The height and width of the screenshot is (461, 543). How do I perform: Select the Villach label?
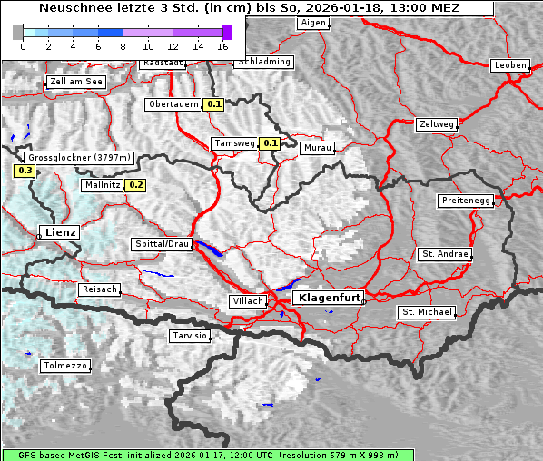point(248,300)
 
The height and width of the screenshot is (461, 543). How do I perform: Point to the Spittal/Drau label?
point(162,244)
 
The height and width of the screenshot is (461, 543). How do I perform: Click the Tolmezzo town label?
point(65,366)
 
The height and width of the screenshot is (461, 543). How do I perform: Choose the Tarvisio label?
point(190,336)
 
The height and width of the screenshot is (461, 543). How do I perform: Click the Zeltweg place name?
point(437,123)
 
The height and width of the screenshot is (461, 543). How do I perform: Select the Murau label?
point(318,147)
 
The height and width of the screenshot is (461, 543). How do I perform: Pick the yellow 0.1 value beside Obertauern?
point(213,104)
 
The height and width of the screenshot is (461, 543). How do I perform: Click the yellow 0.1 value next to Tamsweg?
point(270,143)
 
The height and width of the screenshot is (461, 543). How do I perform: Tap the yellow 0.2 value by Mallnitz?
point(135,185)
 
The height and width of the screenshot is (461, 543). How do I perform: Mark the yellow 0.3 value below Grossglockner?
point(25,171)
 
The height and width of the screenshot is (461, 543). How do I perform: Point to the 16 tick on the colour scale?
point(223,46)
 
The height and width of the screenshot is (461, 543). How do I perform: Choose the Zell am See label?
point(76,82)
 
